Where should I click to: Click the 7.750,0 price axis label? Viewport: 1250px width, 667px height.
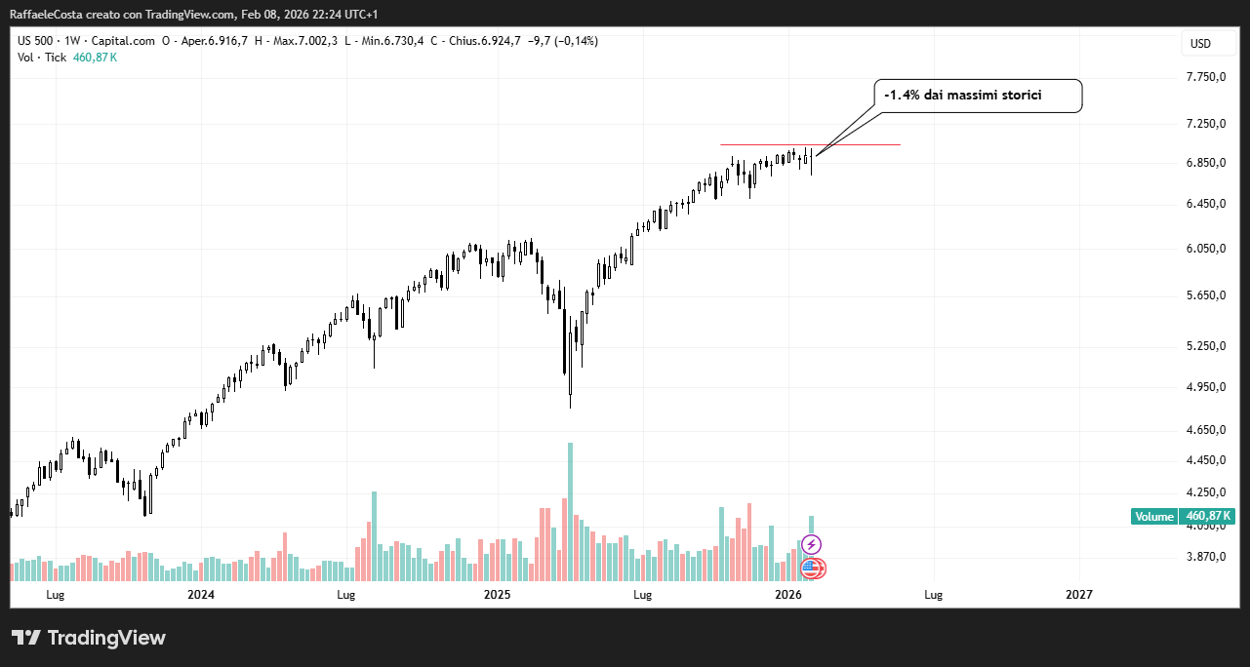1205,77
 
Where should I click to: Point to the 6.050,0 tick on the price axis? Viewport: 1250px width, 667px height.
1205,248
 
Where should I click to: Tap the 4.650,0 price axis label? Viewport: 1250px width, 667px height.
1205,429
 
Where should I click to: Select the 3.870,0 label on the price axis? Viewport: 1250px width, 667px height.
1205,556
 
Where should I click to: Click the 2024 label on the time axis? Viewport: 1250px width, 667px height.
201,594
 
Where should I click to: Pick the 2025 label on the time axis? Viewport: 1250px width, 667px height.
498,594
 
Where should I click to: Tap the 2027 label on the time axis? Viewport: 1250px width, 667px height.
1079,594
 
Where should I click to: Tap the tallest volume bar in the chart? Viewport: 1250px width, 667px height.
570,512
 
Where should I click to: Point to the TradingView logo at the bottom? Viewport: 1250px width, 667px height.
89,638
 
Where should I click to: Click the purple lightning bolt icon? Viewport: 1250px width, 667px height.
811,544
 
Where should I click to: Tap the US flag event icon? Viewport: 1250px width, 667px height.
813,568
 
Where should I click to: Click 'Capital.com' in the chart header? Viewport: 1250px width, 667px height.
123,41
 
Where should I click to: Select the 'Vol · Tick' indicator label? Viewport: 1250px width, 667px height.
42,58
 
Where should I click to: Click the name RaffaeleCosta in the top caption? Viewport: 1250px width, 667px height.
46,15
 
